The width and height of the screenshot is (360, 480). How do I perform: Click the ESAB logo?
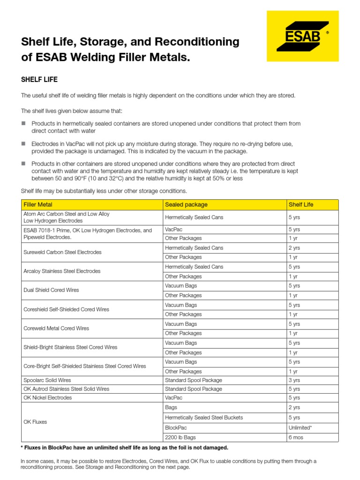click(302, 36)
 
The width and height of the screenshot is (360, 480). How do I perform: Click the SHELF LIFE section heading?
click(39, 80)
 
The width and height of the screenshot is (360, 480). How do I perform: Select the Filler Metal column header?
click(38, 205)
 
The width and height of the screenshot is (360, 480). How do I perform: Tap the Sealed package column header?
click(186, 205)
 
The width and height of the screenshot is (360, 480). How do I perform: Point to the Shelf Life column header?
click(301, 205)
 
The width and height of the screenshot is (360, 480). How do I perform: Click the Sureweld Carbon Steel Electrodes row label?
click(62, 252)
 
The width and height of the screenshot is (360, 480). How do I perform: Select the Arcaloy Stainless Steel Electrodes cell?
click(62, 271)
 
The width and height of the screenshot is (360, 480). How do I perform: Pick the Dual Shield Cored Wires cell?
click(51, 290)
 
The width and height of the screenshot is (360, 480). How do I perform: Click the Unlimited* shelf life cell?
click(300, 427)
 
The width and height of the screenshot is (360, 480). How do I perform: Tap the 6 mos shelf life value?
click(296, 437)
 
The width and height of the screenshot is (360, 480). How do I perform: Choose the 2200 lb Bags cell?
click(180, 437)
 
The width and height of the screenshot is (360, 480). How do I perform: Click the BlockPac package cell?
click(175, 427)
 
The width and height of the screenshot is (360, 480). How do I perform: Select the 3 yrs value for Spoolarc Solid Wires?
click(294, 380)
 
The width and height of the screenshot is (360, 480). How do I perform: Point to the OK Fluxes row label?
click(36, 422)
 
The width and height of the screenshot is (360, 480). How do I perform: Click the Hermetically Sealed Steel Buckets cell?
click(204, 417)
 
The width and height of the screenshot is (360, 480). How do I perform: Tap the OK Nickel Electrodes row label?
click(48, 397)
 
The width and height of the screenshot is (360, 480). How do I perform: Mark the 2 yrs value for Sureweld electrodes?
click(294, 247)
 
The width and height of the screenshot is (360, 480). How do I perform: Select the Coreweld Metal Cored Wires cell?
click(56, 329)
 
